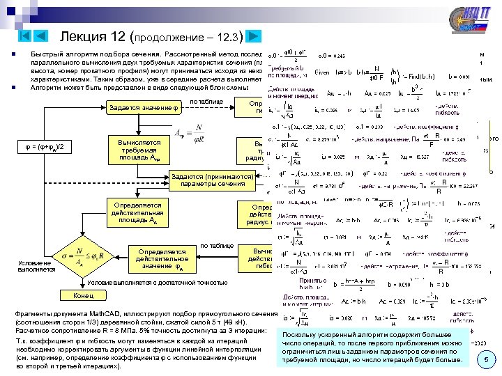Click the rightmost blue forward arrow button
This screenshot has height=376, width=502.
254,36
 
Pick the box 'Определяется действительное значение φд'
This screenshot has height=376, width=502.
161,258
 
